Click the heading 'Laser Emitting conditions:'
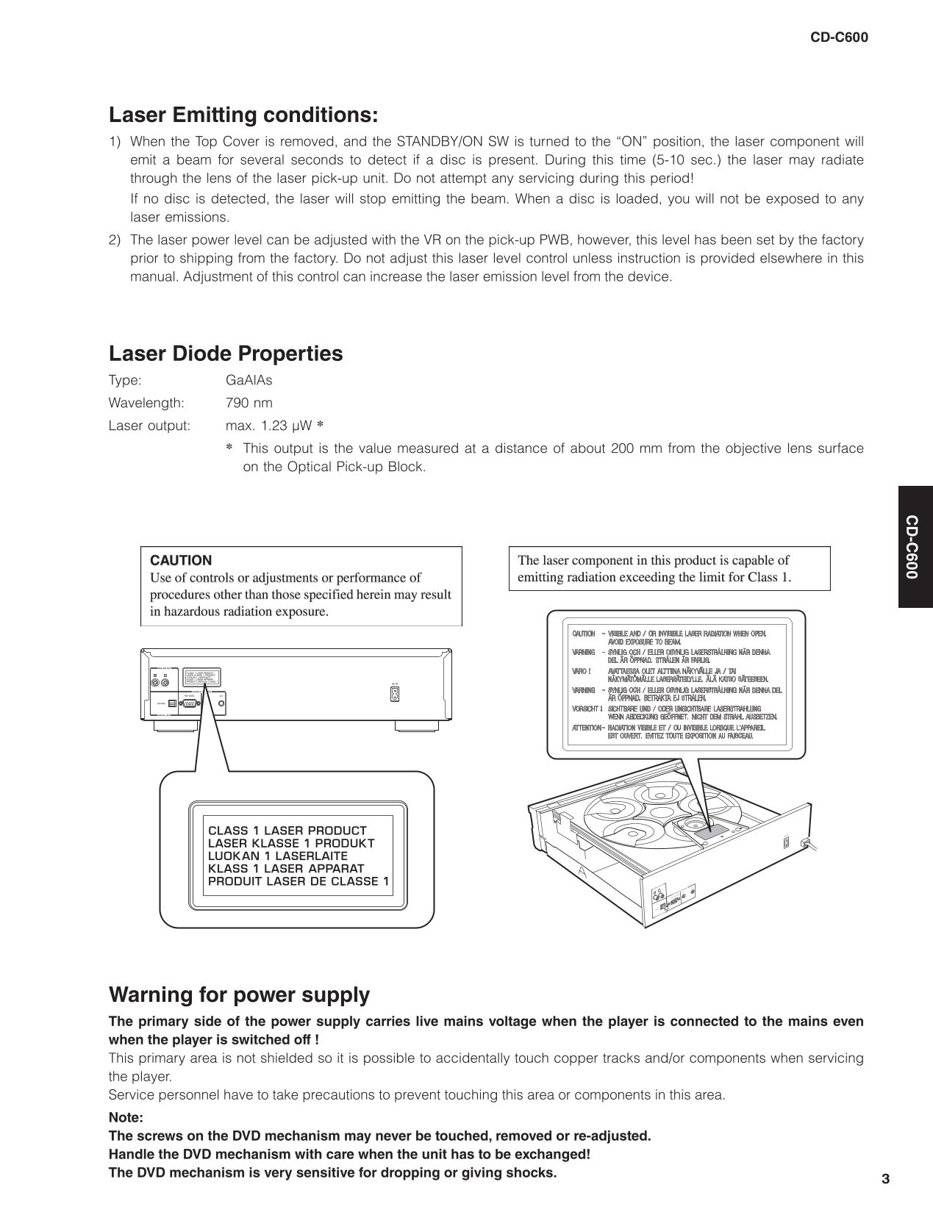click(x=243, y=115)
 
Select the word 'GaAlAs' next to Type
click(x=249, y=380)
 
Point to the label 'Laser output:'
click(x=149, y=426)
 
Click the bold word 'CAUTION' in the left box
click(x=180, y=560)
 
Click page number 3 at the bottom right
click(x=885, y=1179)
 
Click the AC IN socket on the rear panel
click(x=395, y=694)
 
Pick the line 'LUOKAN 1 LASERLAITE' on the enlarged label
click(x=277, y=856)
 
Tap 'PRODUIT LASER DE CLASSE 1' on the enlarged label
click(x=298, y=881)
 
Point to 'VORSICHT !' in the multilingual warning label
click(x=587, y=709)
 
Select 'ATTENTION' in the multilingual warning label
click(x=586, y=728)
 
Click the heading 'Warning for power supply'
click(x=239, y=995)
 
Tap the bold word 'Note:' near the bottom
click(x=126, y=1117)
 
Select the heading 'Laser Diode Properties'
click(x=226, y=354)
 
